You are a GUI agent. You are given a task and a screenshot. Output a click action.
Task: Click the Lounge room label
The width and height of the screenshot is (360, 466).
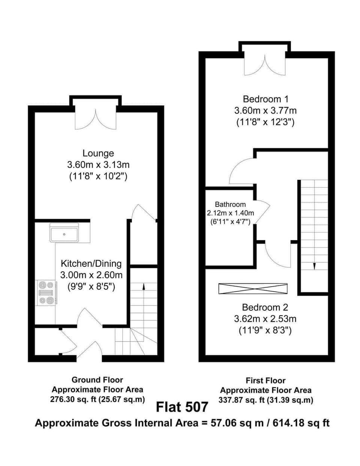pyautogui.click(x=98, y=153)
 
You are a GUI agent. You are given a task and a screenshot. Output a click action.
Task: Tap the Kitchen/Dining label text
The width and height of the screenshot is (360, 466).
pyautogui.click(x=91, y=263)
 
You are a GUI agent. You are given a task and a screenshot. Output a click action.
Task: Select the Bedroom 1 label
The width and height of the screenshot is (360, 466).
pyautogui.click(x=265, y=99)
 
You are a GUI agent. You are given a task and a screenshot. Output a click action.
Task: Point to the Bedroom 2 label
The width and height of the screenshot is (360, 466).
pyautogui.click(x=265, y=307)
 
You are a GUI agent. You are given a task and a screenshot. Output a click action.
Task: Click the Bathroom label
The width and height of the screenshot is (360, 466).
pyautogui.click(x=230, y=204)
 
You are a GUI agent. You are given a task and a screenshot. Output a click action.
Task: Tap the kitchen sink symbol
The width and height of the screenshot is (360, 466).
pyautogui.click(x=64, y=234)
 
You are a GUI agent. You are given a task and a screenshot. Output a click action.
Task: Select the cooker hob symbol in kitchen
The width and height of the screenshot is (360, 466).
pyautogui.click(x=46, y=292)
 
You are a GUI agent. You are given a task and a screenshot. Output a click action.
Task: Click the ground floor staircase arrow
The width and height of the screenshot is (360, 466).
pyautogui.click(x=144, y=286)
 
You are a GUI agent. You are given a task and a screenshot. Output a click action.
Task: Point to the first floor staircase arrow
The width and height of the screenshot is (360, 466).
pyautogui.click(x=314, y=266)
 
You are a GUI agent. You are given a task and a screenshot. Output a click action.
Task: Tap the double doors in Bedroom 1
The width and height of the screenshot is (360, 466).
pyautogui.click(x=265, y=65)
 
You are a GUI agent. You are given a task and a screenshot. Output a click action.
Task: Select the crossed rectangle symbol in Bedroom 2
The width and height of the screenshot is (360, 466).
pyautogui.click(x=253, y=289)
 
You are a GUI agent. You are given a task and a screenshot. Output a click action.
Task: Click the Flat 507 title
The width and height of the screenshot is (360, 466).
pyautogui.click(x=182, y=407)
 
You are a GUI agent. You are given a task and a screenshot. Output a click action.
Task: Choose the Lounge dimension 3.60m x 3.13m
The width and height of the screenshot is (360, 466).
pyautogui.click(x=98, y=164)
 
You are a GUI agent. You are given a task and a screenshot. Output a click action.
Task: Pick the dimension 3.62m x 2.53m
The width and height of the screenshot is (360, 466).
pyautogui.click(x=265, y=319)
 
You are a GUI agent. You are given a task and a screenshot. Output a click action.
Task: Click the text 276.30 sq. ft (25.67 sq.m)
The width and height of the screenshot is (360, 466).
pyautogui.click(x=97, y=400)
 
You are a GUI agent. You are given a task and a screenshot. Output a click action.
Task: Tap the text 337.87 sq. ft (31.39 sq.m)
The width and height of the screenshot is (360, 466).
pyautogui.click(x=265, y=400)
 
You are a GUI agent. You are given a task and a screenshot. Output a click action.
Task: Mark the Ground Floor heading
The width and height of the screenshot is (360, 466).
pyautogui.click(x=97, y=380)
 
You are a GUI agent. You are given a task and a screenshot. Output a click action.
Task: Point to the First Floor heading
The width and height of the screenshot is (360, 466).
pyautogui.click(x=265, y=381)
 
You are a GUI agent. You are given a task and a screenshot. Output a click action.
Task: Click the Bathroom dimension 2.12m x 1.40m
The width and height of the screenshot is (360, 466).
pyautogui.click(x=230, y=213)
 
